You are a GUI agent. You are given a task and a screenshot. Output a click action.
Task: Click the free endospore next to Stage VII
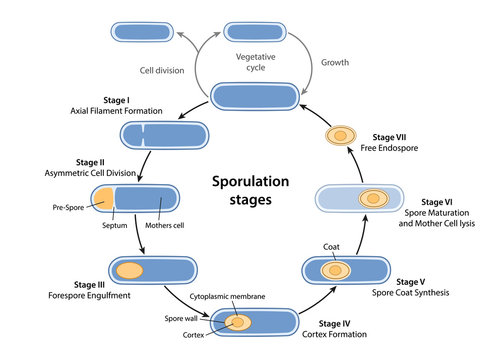[x=341, y=134]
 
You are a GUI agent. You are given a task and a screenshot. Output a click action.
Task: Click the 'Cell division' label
[x=163, y=70]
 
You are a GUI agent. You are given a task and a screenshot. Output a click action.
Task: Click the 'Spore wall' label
[x=195, y=318]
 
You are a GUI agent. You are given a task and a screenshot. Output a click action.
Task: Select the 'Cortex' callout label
[x=197, y=333]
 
